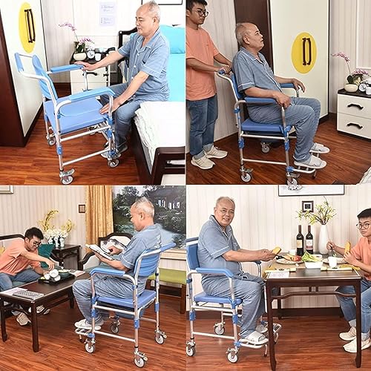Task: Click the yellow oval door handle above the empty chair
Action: point(27,27)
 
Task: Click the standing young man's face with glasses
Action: point(197,14)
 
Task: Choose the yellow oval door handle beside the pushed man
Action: point(303,52)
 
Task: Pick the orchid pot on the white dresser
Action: point(350,87)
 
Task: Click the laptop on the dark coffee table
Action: point(27,294)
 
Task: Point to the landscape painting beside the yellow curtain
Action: point(148,215)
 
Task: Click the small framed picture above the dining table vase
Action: point(307,206)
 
